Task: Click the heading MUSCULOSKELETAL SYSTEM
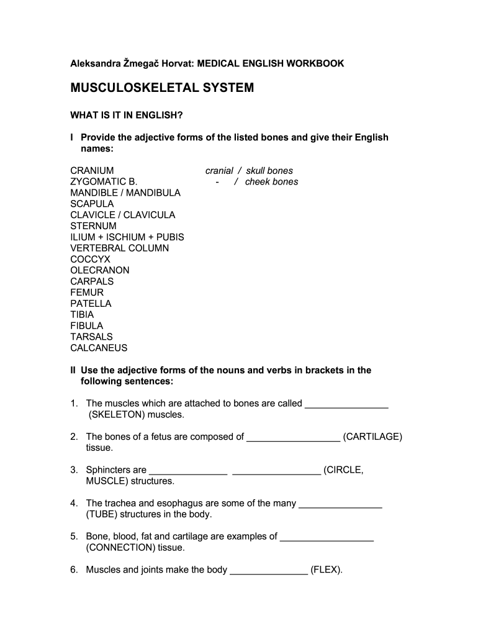[162, 88]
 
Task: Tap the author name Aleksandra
[97, 63]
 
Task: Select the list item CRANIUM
[92, 171]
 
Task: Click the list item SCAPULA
[92, 204]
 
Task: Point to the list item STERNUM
[93, 226]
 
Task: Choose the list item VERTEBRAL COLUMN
[119, 248]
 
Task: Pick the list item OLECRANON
[100, 271]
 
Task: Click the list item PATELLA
[91, 304]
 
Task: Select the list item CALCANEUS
[99, 348]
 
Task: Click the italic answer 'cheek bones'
[271, 182]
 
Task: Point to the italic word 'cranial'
[219, 171]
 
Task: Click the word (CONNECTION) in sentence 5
[120, 548]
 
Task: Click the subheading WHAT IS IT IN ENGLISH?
[125, 116]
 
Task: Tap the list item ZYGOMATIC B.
[103, 182]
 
